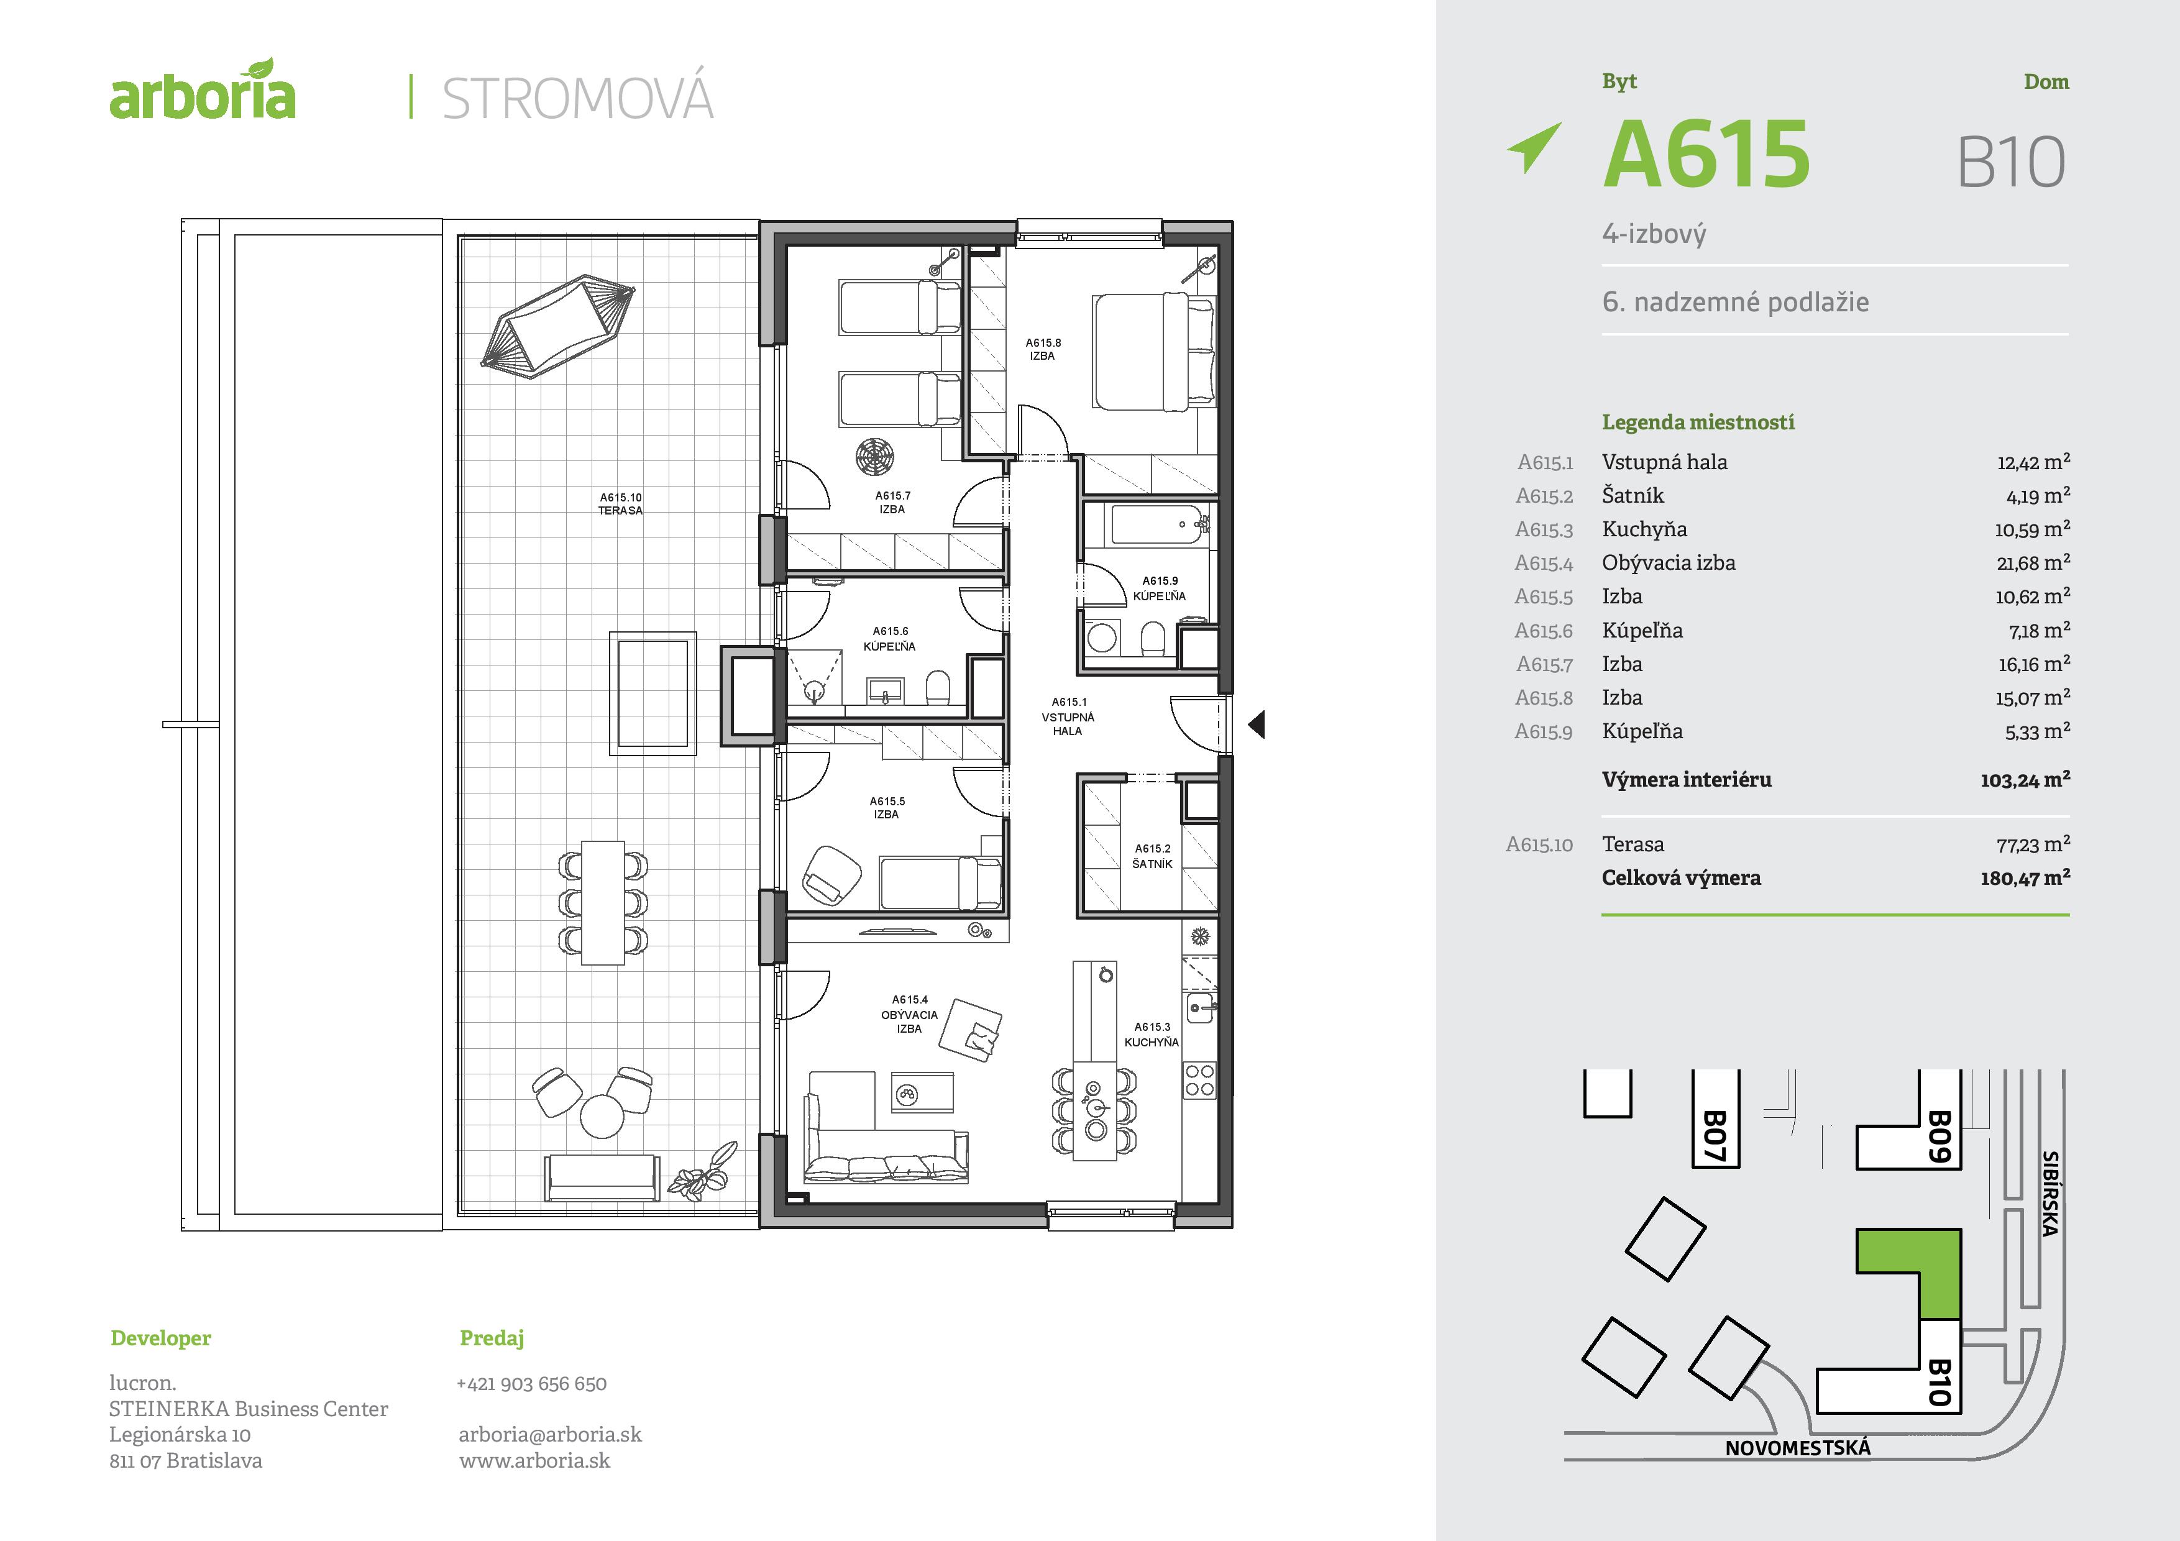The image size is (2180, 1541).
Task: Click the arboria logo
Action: coord(202,92)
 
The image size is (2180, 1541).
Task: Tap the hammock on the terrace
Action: coord(558,326)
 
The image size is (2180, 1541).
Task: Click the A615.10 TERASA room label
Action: coord(620,503)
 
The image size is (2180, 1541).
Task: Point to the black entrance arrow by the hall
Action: coord(1256,725)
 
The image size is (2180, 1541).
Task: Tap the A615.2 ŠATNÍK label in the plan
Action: coord(1153,856)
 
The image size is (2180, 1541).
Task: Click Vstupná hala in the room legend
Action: coord(1664,462)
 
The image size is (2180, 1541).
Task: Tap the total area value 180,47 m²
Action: coord(2023,878)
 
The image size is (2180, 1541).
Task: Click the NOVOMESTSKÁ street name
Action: coord(1797,1448)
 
